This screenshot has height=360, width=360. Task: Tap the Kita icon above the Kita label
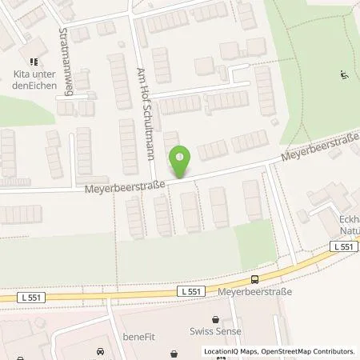tap(33, 61)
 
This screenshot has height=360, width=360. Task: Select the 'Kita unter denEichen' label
tap(30, 81)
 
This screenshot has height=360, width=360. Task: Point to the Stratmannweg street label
tap(66, 62)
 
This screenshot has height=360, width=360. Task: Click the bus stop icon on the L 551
tap(254, 279)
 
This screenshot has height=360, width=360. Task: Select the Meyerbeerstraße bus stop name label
tap(254, 292)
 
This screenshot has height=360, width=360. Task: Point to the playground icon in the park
tap(344, 77)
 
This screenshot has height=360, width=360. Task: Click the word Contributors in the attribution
tap(333, 351)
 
